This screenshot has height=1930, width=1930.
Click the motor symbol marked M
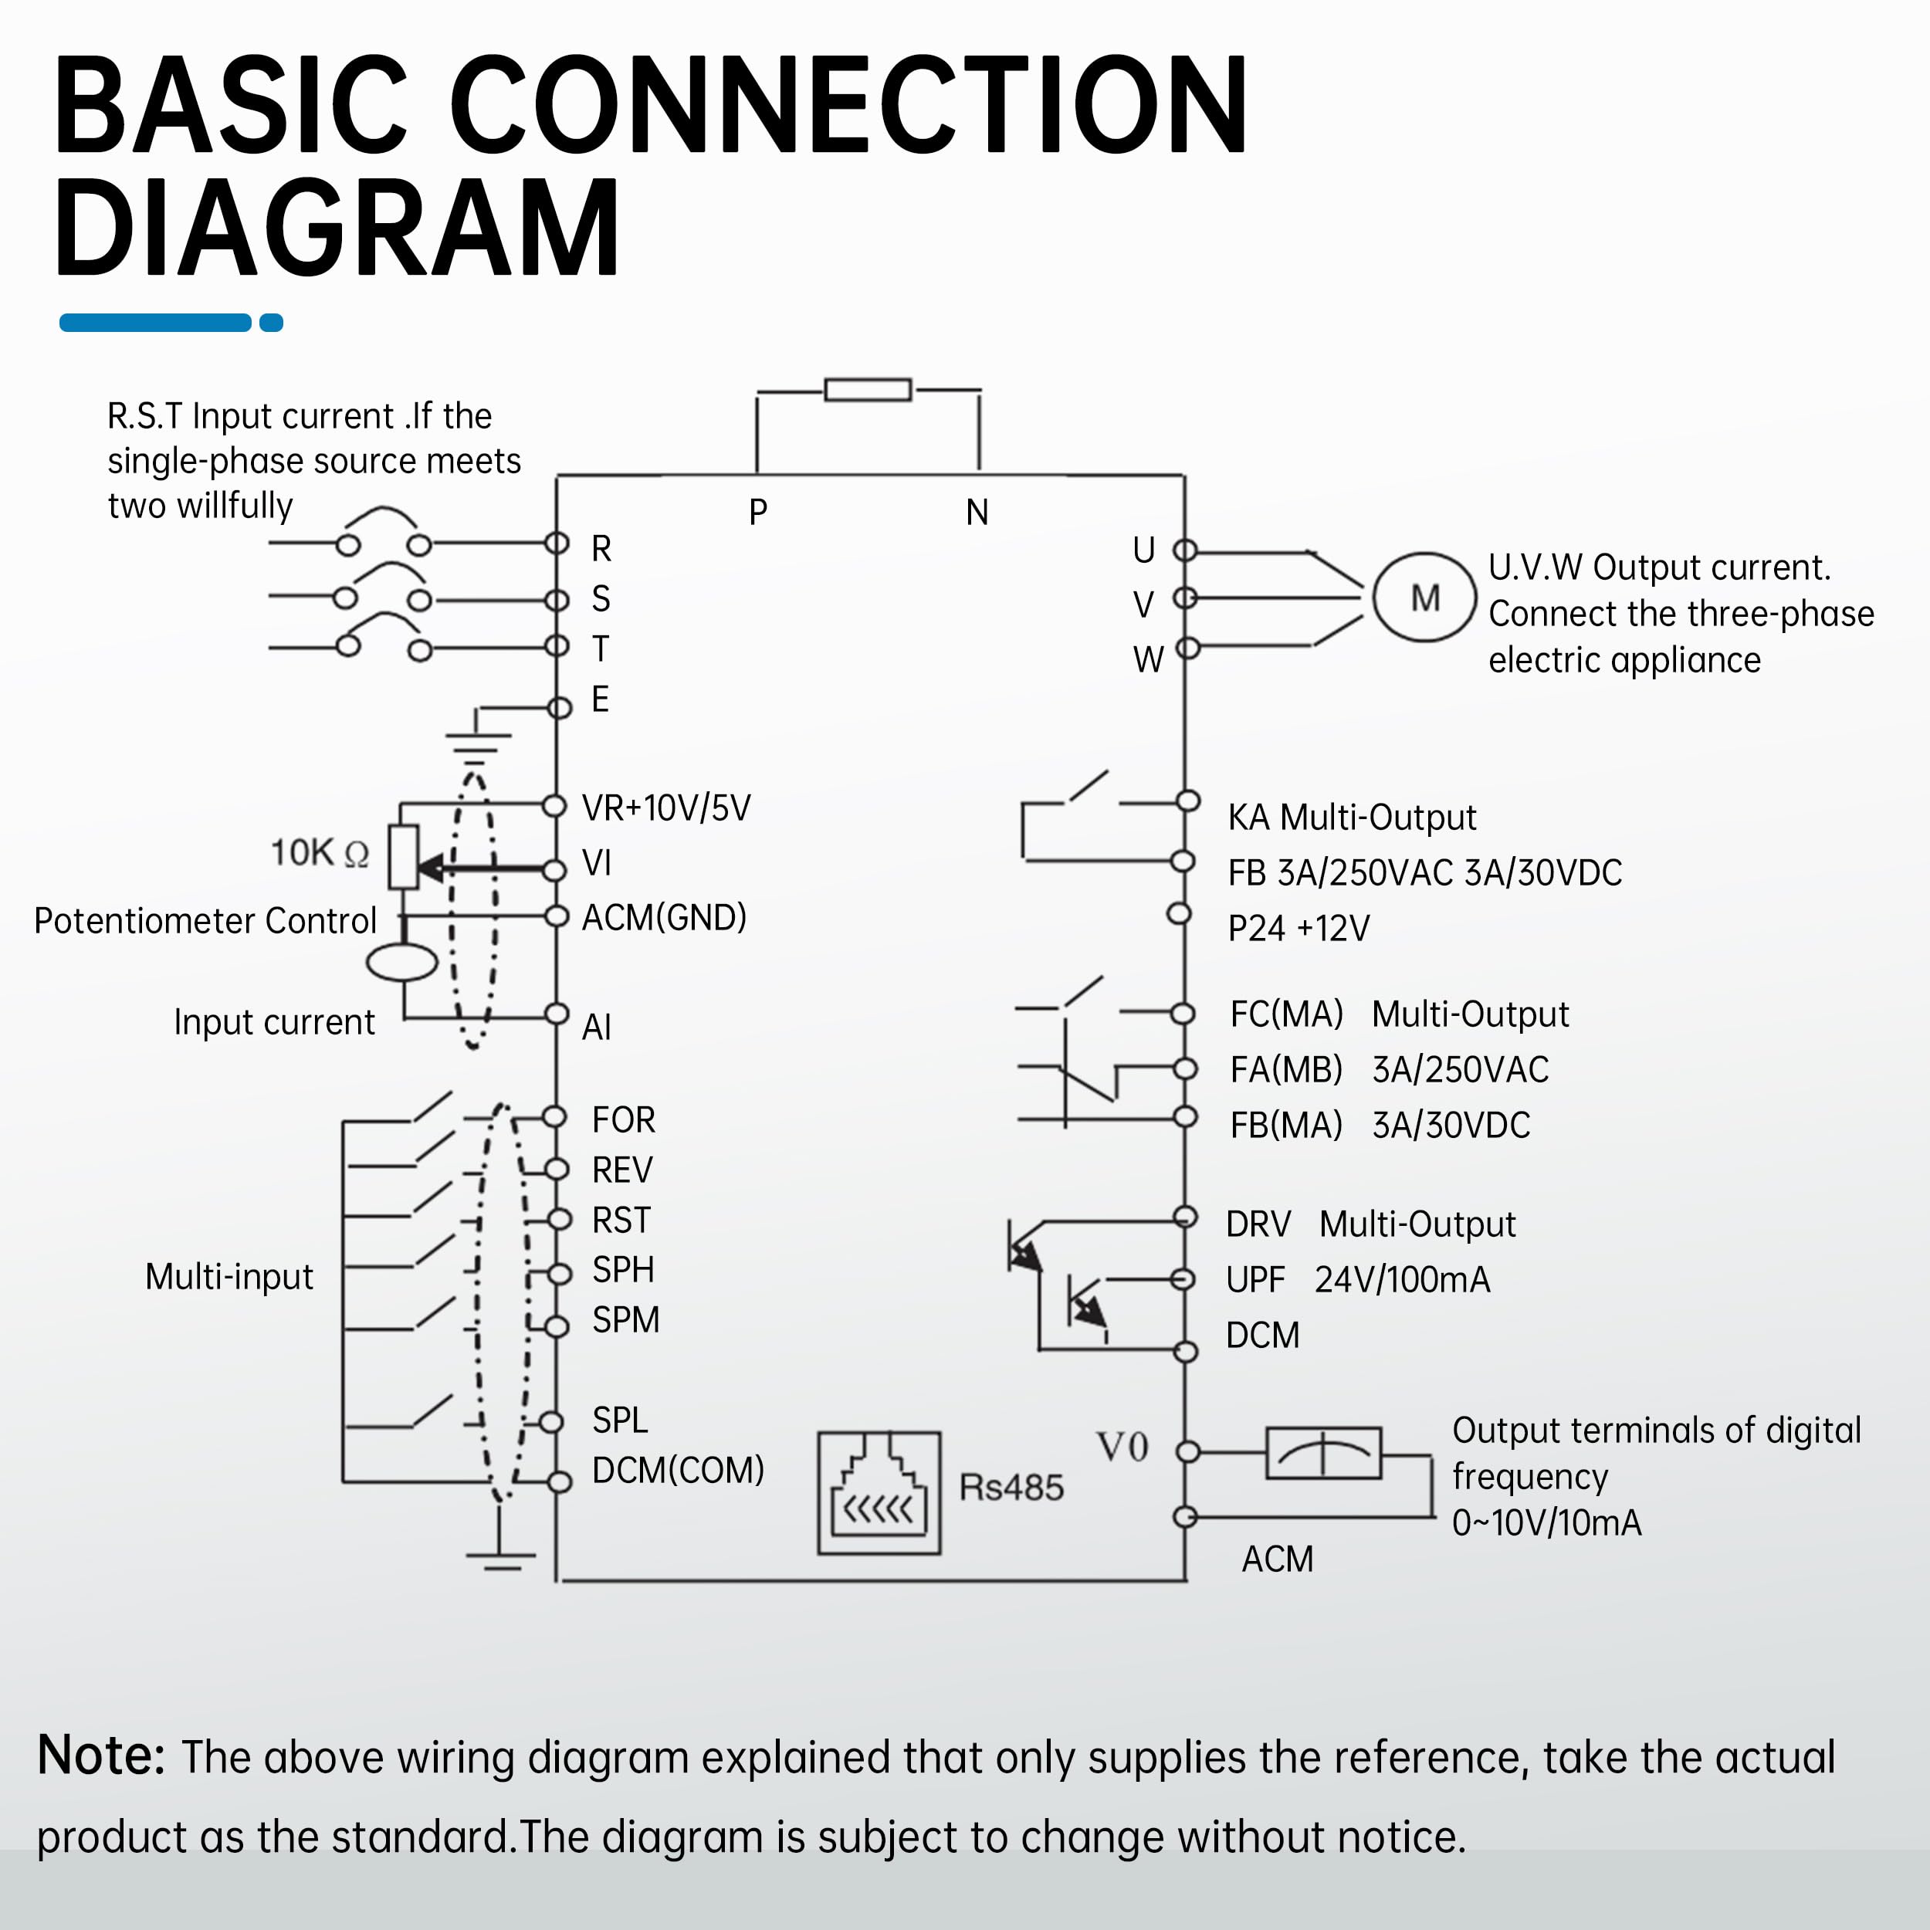(1424, 598)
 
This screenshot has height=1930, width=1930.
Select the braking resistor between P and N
(867, 390)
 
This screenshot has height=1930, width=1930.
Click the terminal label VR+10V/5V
(666, 808)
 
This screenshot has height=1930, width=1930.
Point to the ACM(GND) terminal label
(665, 917)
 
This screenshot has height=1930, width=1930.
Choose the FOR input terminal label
(623, 1120)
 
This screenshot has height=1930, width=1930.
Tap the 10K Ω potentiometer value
(320, 852)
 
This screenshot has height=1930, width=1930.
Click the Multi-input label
(229, 1277)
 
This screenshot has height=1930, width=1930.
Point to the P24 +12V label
(1298, 928)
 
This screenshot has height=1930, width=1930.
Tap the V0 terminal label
(1122, 1447)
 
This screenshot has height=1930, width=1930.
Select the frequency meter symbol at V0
(1324, 1452)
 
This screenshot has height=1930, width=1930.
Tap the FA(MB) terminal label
(1285, 1070)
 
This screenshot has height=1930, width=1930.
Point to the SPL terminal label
(619, 1420)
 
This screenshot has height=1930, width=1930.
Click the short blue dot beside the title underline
(271, 323)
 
